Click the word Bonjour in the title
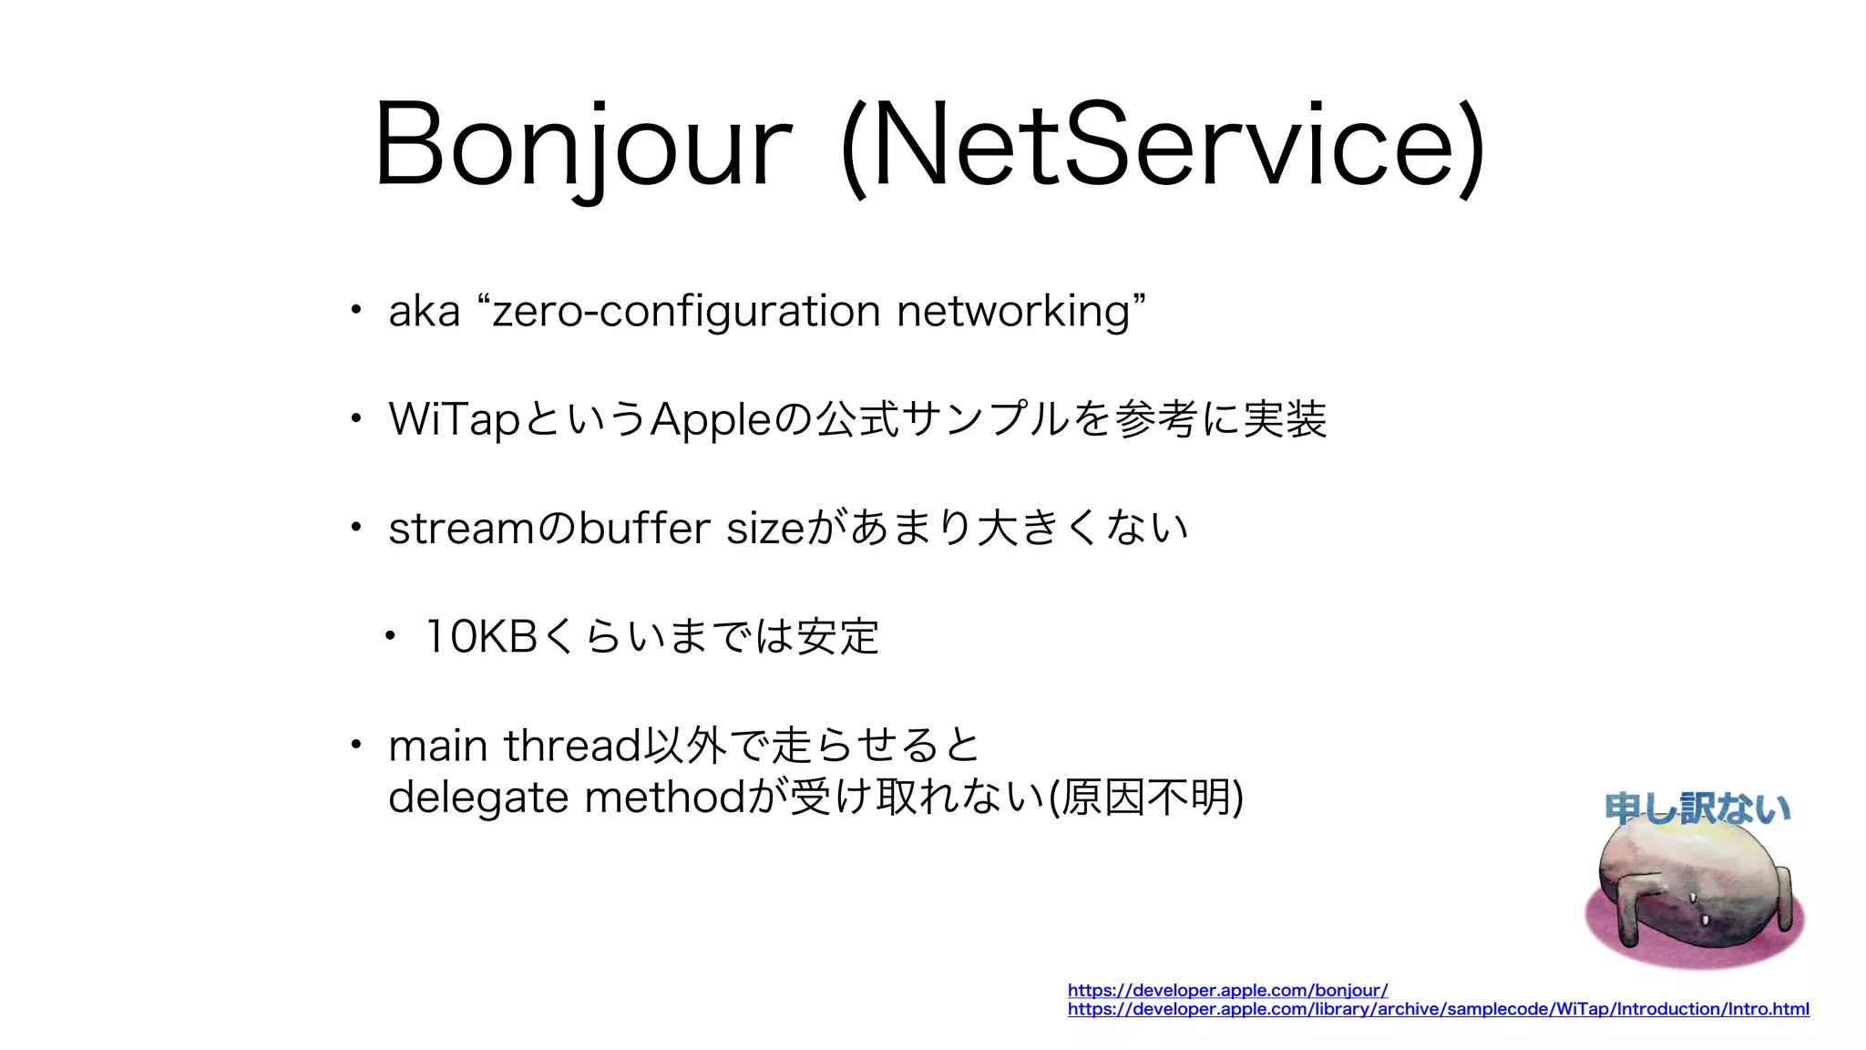tap(583, 146)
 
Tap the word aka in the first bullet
tap(425, 312)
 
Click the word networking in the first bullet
tap(1013, 312)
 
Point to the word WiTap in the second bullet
tap(454, 420)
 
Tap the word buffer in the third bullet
tap(644, 529)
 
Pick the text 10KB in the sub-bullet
tap(481, 637)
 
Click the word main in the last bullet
tap(437, 746)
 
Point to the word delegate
tap(478, 798)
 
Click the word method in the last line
tap(665, 798)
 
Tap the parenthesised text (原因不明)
tap(1145, 798)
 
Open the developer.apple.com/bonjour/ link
tap(1227, 990)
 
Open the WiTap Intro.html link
tap(1438, 1009)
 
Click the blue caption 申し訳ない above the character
tap(1697, 808)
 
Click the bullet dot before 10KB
tap(390, 637)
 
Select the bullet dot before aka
tap(356, 311)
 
